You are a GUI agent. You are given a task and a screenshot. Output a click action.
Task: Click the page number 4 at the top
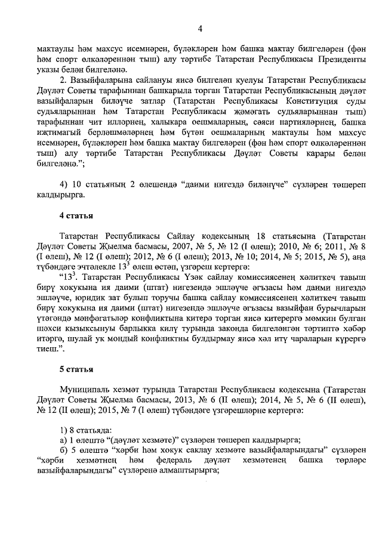click(201, 28)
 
